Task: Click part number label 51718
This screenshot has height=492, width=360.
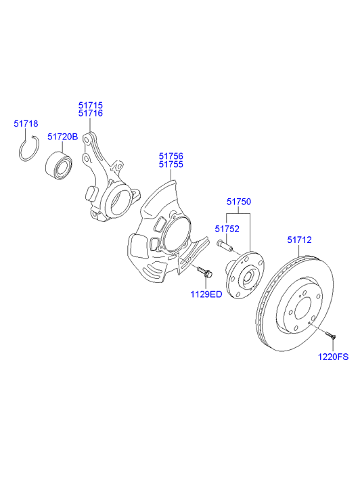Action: [26, 124]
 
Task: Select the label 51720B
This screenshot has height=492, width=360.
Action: [63, 136]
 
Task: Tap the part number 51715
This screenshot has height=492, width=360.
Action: [90, 105]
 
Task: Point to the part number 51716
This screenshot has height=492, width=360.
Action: [90, 114]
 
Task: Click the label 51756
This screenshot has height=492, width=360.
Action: [171, 155]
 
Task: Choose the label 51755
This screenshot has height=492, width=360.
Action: [171, 164]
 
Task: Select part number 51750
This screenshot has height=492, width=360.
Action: [238, 202]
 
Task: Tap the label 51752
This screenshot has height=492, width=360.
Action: [227, 229]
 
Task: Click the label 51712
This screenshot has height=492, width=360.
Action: [299, 239]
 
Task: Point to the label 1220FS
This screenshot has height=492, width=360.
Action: [334, 356]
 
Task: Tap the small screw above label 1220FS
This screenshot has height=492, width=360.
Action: [330, 334]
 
